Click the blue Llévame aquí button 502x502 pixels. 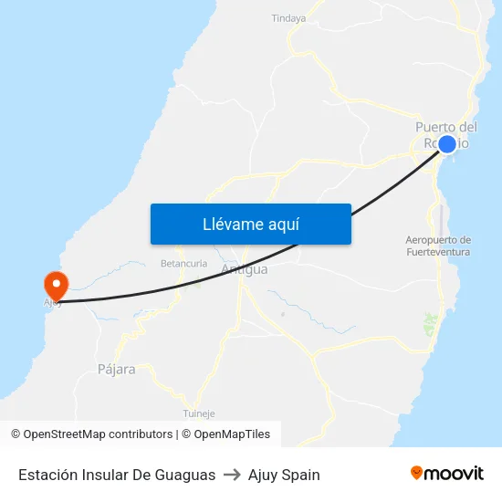pyautogui.click(x=250, y=224)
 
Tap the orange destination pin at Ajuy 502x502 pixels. pyautogui.click(x=55, y=285)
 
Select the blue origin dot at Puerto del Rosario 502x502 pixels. pyautogui.click(x=447, y=143)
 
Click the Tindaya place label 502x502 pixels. pyautogui.click(x=288, y=17)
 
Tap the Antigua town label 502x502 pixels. pyautogui.click(x=245, y=269)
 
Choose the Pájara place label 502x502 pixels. pyautogui.click(x=116, y=370)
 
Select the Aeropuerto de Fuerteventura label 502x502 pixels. pyautogui.click(x=438, y=246)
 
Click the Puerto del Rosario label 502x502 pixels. pyautogui.click(x=445, y=134)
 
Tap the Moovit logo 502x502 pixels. pyautogui.click(x=446, y=474)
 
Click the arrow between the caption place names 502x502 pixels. pyautogui.click(x=232, y=475)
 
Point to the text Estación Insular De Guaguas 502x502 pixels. pyautogui.click(x=116, y=475)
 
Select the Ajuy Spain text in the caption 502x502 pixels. pyautogui.click(x=284, y=475)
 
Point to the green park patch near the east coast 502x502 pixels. pyautogui.click(x=430, y=323)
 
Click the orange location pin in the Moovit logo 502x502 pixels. pyautogui.click(x=416, y=473)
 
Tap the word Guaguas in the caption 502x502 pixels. pyautogui.click(x=186, y=475)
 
